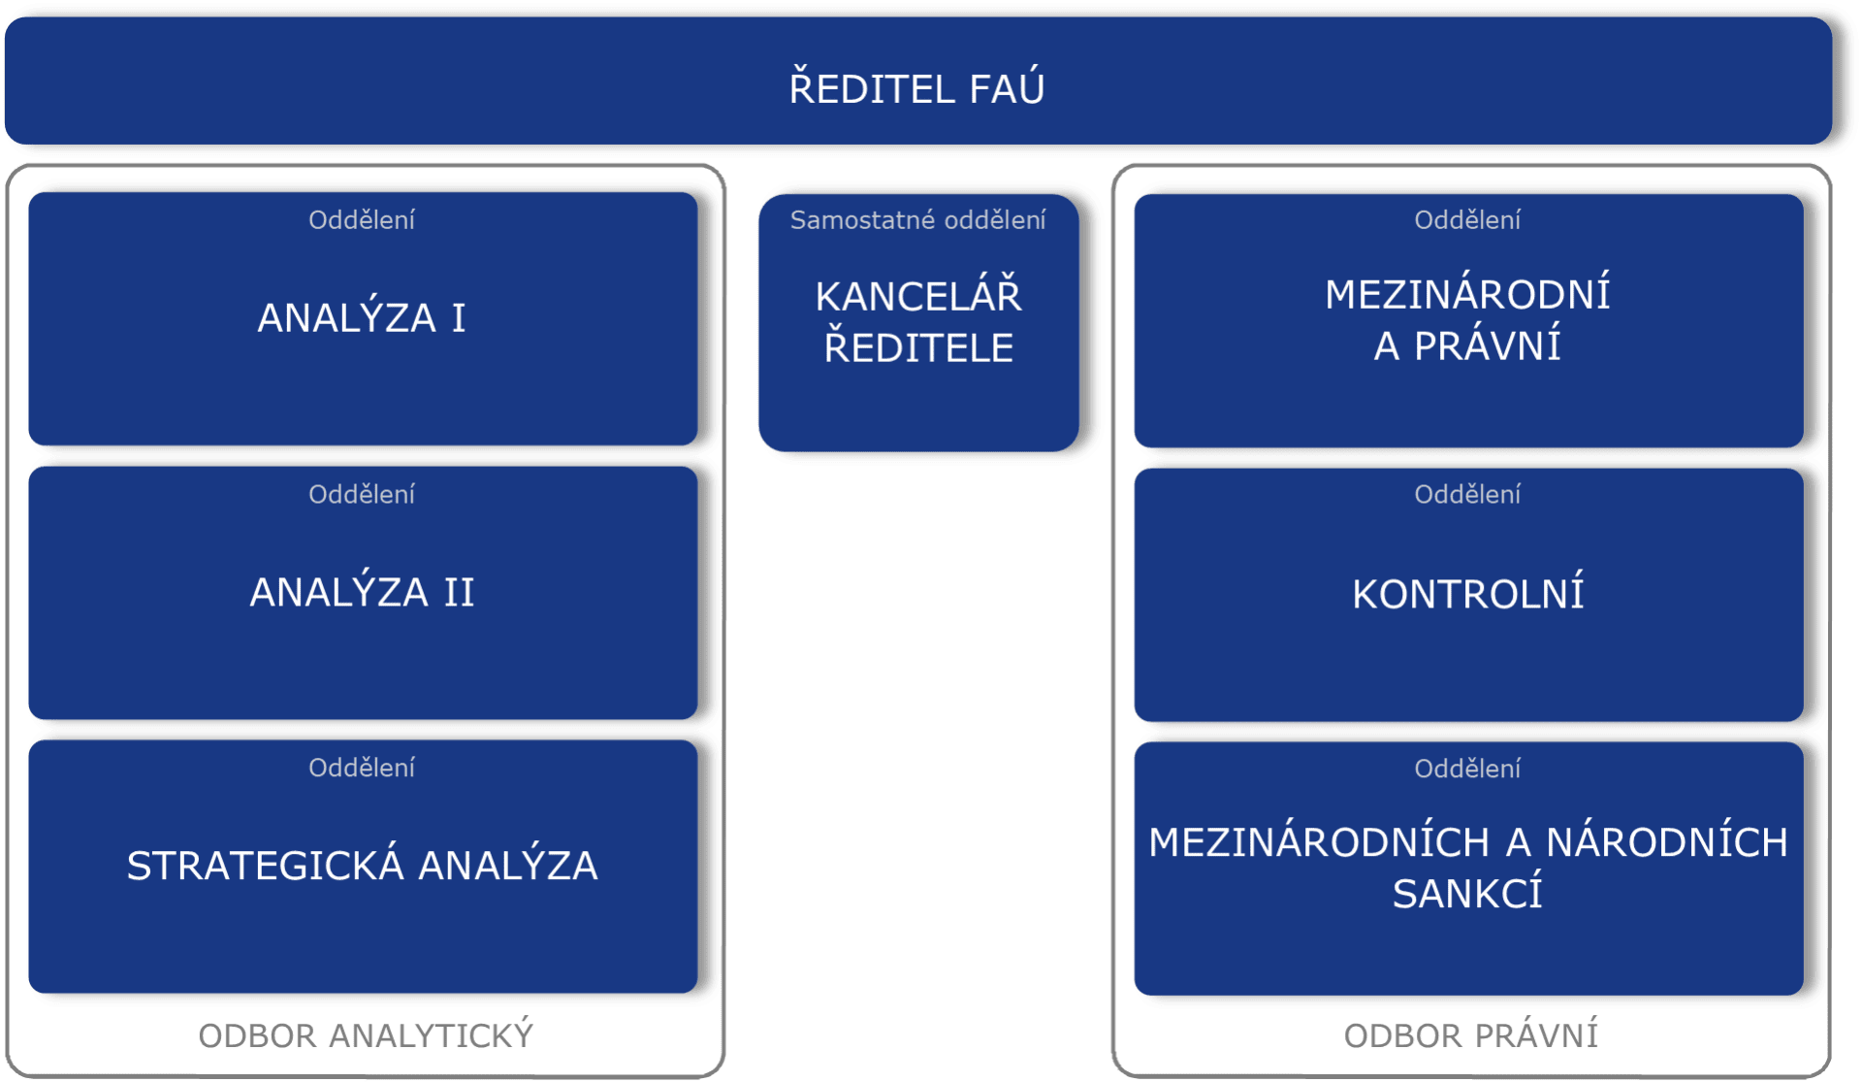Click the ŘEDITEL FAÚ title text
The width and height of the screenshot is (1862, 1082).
pos(916,88)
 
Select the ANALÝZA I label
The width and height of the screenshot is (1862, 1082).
pos(362,318)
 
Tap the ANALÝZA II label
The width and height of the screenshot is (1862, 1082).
pos(362,592)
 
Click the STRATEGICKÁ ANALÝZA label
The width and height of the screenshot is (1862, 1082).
pos(362,866)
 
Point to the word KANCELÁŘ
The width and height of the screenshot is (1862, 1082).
pos(918,296)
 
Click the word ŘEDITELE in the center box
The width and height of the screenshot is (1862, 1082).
pos(918,347)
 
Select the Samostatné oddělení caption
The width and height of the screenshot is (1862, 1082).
pos(917,220)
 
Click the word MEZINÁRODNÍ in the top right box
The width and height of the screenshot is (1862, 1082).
pos(1467,294)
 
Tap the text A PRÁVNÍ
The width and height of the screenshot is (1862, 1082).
pos(1467,346)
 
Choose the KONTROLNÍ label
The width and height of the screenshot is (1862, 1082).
pos(1467,594)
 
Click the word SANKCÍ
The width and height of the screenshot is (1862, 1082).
pos(1467,894)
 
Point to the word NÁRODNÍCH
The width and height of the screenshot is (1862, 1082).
pos(1666,842)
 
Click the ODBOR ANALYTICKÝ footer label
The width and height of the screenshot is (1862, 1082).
pos(366,1035)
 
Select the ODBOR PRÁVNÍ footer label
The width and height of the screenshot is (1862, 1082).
pos(1470,1035)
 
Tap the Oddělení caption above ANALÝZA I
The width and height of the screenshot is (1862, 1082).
pos(362,220)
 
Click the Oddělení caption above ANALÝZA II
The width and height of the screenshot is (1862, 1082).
pos(362,495)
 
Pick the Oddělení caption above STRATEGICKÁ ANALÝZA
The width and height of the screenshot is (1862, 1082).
pos(362,768)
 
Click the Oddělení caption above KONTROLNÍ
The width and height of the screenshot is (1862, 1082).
pos(1467,495)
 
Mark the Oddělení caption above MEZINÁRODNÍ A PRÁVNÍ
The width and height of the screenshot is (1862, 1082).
pos(1467,220)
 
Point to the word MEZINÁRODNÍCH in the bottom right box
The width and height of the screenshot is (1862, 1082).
pos(1319,842)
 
